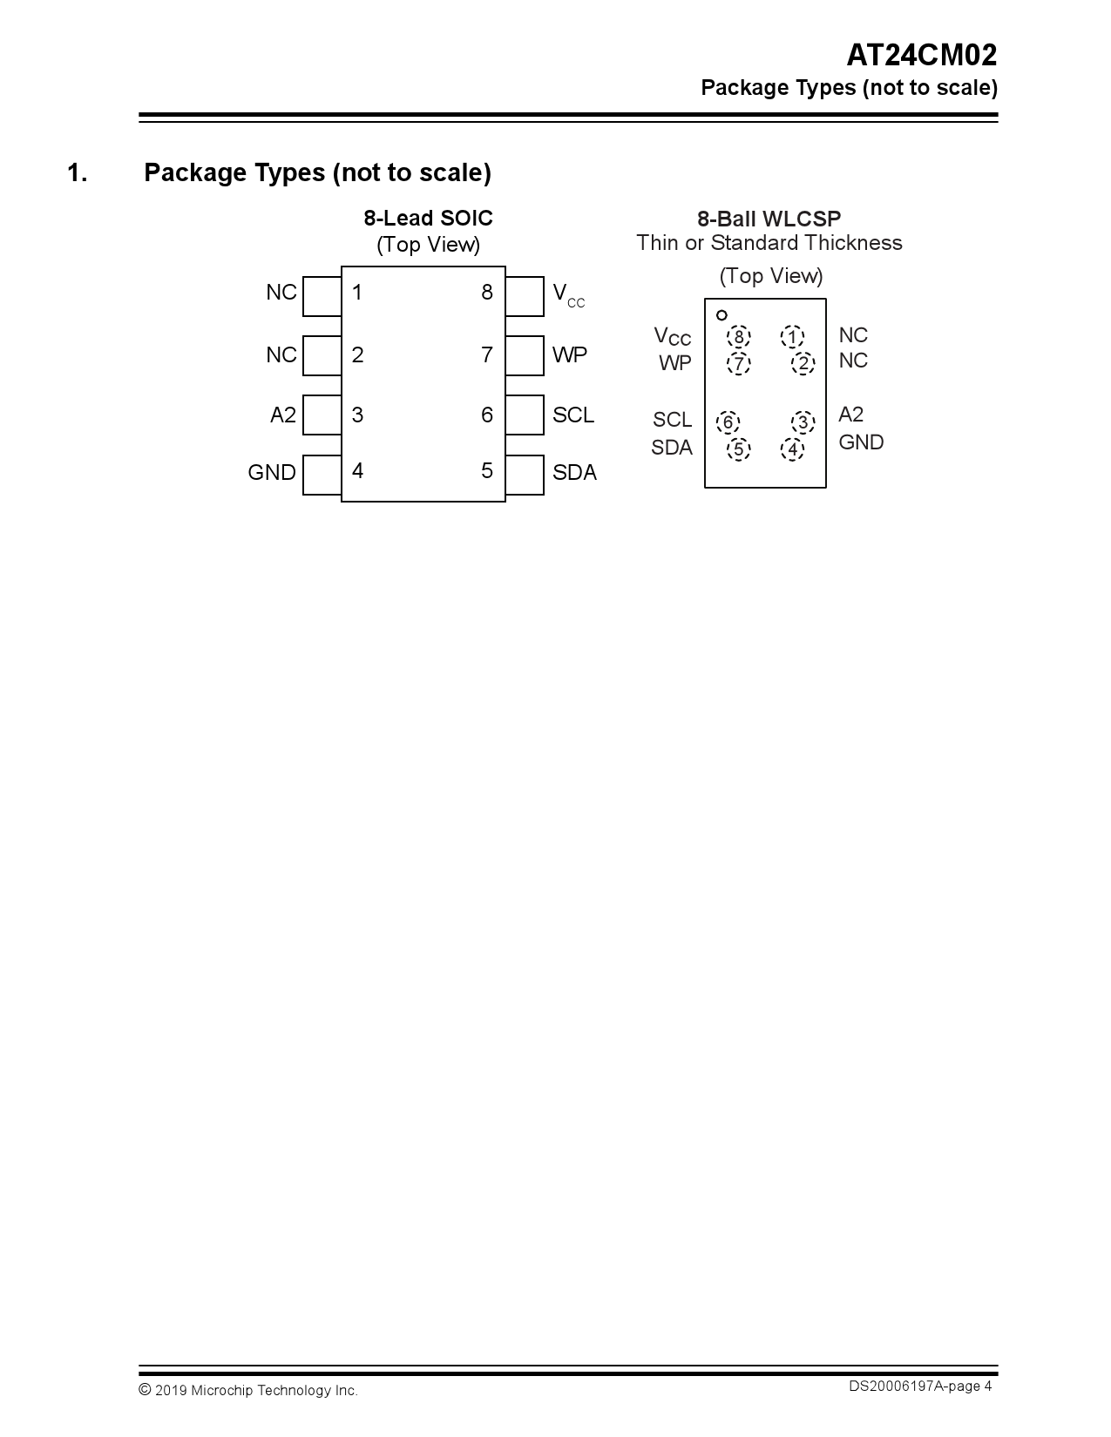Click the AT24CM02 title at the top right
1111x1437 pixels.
(x=921, y=56)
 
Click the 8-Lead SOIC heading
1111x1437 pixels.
(x=428, y=218)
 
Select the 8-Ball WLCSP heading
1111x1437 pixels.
(x=769, y=219)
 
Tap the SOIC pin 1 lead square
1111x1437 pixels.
(x=322, y=296)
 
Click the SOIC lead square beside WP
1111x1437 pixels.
(x=525, y=355)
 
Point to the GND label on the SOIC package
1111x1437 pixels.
(x=272, y=472)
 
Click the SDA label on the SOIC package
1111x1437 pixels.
(x=574, y=472)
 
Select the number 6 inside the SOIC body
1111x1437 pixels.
(x=487, y=415)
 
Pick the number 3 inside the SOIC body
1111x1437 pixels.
(x=357, y=415)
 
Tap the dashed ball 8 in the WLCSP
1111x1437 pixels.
(x=739, y=337)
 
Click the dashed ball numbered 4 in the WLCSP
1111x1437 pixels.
(x=792, y=449)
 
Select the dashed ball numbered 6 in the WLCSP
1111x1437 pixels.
(x=728, y=423)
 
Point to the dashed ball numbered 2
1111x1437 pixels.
(x=803, y=363)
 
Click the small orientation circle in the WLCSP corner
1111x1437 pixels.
(x=721, y=315)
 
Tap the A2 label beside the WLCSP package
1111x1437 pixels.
(x=850, y=415)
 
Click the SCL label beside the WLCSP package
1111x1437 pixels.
(x=672, y=420)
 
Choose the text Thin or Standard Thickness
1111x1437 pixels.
(x=769, y=243)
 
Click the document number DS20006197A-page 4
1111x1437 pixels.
(x=920, y=1386)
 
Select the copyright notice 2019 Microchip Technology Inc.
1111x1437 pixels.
(x=248, y=1390)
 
